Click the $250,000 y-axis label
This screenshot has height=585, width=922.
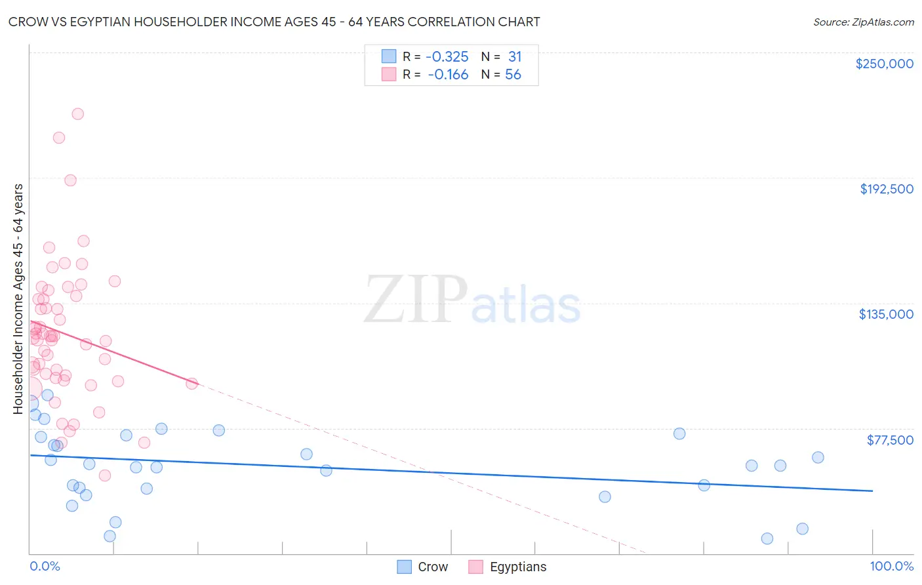(884, 64)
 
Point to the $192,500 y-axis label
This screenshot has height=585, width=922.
(886, 189)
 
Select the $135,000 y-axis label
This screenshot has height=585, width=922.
(886, 314)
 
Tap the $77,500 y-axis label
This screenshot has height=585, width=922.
(890, 440)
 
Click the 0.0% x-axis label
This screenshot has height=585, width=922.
(45, 567)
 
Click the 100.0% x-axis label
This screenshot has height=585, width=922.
(891, 567)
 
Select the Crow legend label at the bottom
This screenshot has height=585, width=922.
(433, 567)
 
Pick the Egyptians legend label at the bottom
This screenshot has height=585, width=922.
(517, 567)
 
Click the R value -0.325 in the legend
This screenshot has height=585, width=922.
(447, 57)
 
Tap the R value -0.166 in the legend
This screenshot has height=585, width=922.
(448, 75)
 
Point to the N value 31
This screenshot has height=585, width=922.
(515, 57)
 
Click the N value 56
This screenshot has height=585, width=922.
(513, 75)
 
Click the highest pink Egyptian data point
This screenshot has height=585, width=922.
(77, 114)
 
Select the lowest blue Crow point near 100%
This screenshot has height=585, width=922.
(767, 538)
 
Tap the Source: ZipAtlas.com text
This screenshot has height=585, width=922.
(863, 22)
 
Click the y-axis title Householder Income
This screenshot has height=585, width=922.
(18, 298)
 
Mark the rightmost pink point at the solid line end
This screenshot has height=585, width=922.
(191, 384)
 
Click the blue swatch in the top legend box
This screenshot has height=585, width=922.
(389, 56)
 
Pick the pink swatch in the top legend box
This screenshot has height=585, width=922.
(389, 74)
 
